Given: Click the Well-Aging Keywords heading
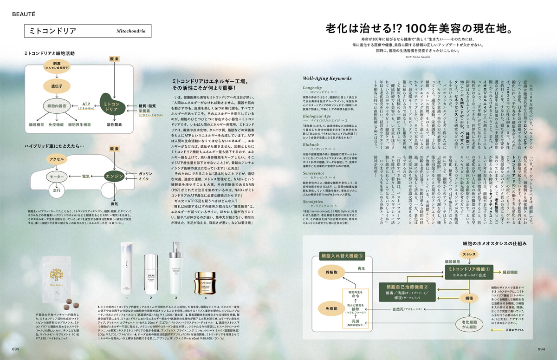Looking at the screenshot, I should coord(327,78).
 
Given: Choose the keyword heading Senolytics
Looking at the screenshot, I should coord(315,202).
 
